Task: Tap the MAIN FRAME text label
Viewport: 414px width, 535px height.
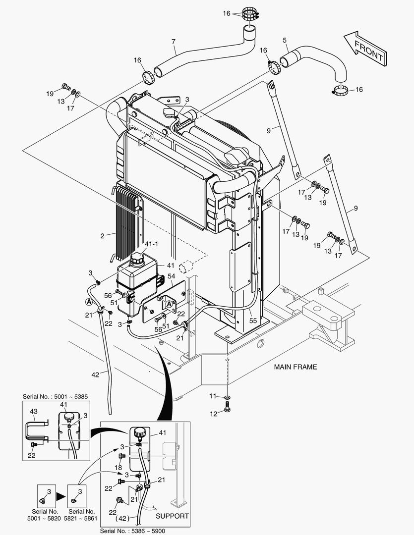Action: [x=295, y=367]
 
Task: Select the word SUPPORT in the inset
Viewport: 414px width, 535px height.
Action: [x=172, y=516]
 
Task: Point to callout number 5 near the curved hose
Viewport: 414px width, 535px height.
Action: [x=285, y=40]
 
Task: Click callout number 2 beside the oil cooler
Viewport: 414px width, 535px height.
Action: [x=102, y=236]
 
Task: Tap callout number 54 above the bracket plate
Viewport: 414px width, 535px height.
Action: [x=172, y=275]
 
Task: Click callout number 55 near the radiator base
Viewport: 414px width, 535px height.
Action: [x=253, y=321]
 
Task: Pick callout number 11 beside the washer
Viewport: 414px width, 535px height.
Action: [x=212, y=396]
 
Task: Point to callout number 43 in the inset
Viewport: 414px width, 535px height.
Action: [x=34, y=411]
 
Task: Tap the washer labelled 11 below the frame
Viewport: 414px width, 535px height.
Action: [x=227, y=397]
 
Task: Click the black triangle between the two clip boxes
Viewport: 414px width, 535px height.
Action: [x=59, y=495]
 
